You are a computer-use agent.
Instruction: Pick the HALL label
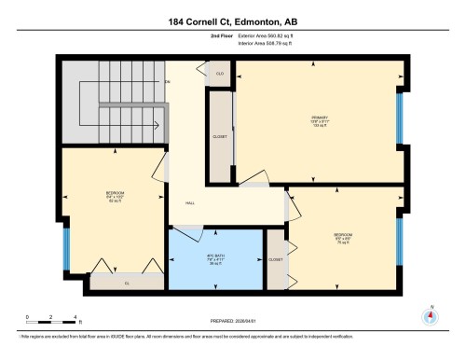coord(189,203)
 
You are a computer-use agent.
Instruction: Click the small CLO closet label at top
coord(220,72)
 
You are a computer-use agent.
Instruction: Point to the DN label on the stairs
coord(169,83)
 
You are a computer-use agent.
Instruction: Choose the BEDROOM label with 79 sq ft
coord(341,236)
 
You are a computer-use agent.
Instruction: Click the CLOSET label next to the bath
coord(276,259)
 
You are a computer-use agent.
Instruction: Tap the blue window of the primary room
coord(400,118)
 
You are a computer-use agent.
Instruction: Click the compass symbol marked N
coord(429,316)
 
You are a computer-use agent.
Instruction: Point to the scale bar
coord(52,319)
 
